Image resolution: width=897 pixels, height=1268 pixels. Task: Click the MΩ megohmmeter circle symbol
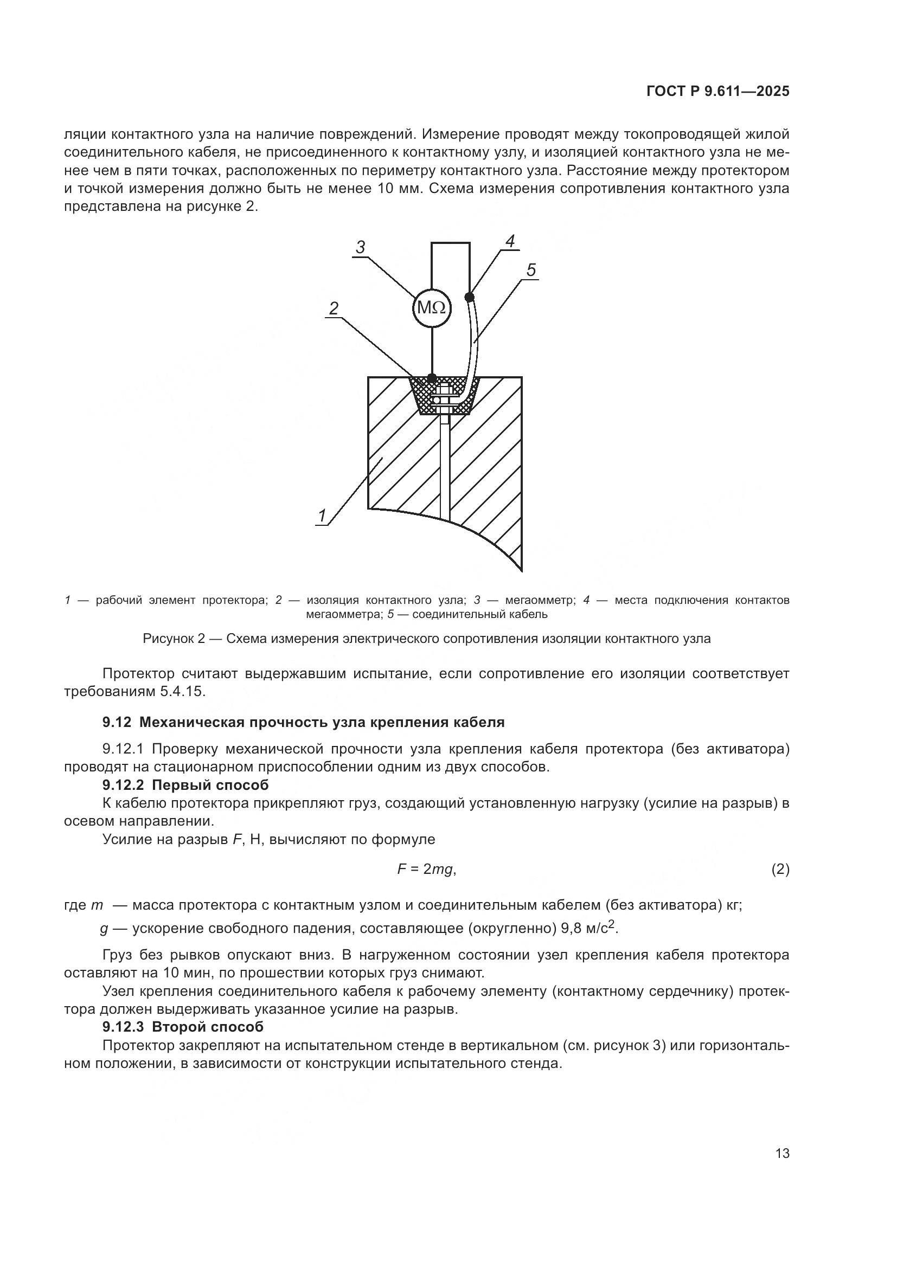(x=432, y=307)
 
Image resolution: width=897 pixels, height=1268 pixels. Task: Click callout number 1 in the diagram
(x=322, y=515)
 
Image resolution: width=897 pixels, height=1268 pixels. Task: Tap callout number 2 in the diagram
(x=334, y=308)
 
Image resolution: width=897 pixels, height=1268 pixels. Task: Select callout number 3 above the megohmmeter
(x=361, y=247)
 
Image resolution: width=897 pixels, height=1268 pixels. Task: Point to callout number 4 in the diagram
(x=510, y=241)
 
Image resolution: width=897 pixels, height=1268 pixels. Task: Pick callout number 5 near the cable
(x=531, y=270)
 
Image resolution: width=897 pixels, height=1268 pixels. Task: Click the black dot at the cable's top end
(x=470, y=297)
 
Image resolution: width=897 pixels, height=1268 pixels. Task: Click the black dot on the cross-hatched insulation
(x=432, y=378)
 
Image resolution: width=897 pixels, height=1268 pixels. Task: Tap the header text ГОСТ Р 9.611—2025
(x=717, y=92)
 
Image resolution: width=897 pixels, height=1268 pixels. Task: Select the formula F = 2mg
(x=426, y=869)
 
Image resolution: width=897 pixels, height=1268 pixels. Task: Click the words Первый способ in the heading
(x=210, y=785)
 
